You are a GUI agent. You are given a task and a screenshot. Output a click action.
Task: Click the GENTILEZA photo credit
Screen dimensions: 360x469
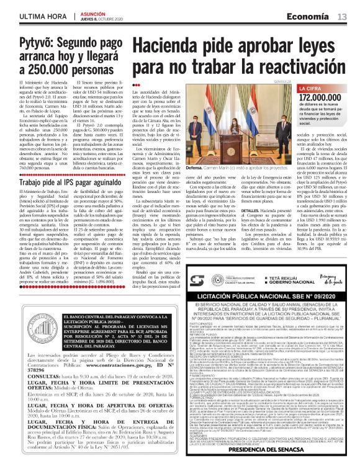click(x=264, y=81)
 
